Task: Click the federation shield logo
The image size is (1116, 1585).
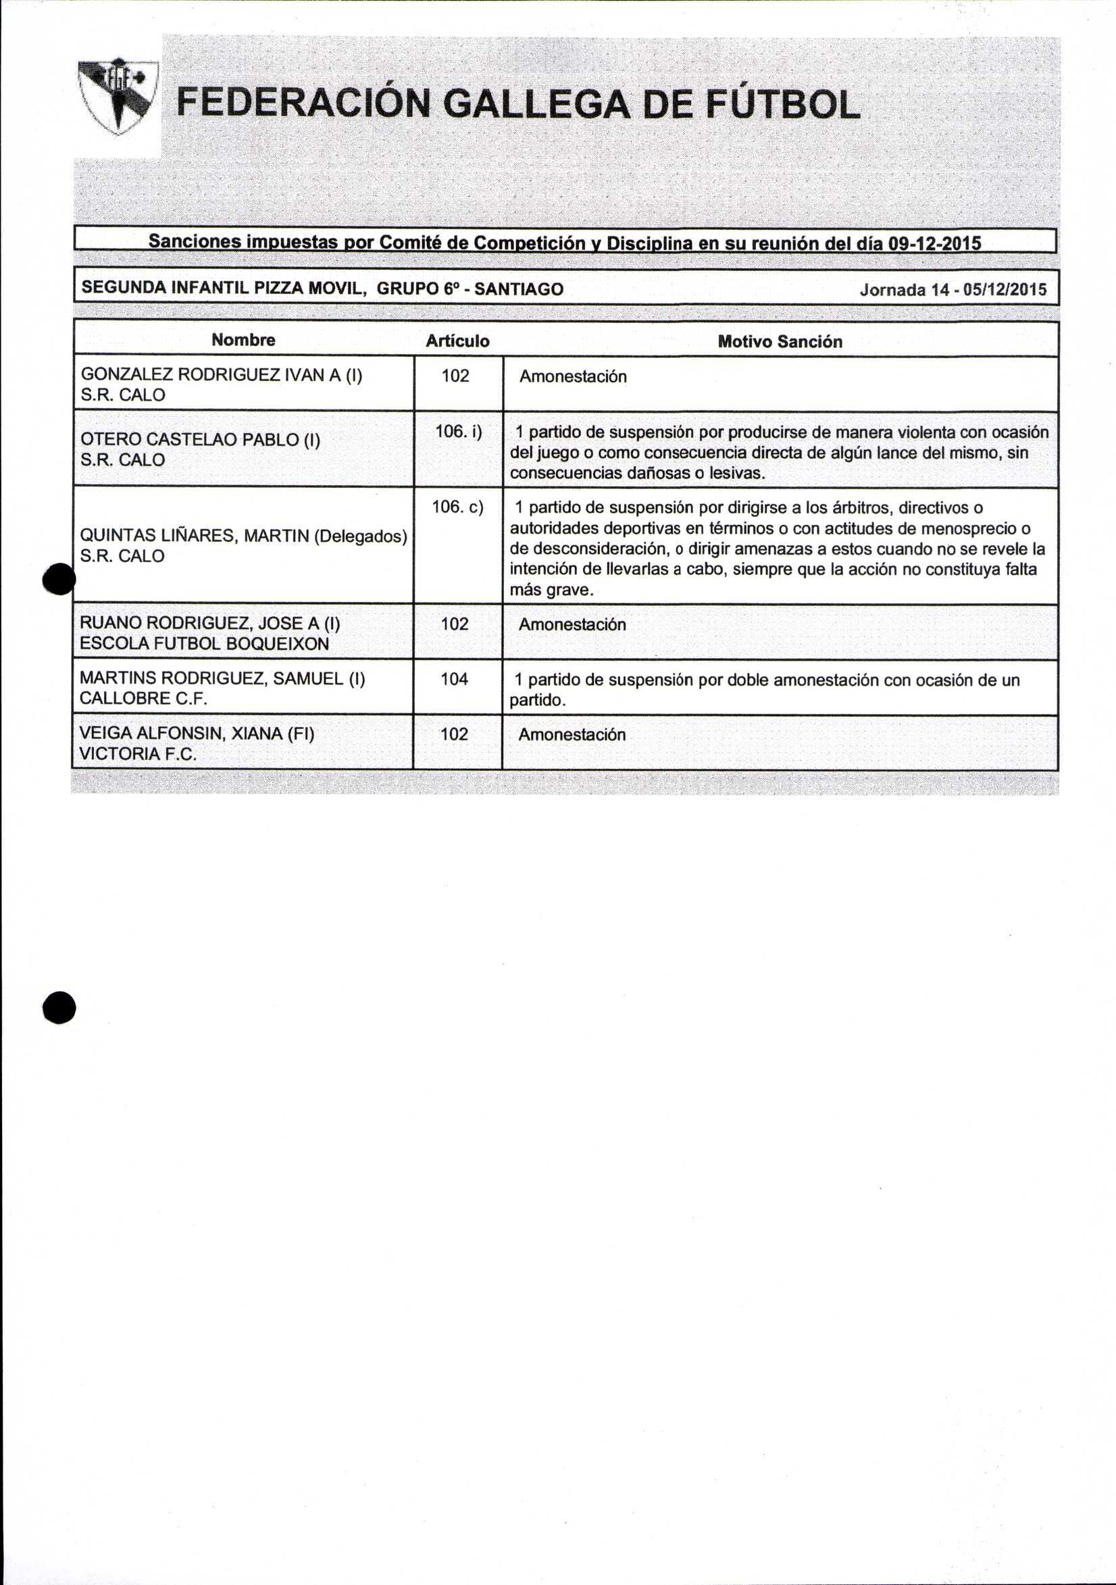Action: [x=118, y=96]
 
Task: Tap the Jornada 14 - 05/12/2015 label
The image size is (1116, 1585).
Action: [x=953, y=289]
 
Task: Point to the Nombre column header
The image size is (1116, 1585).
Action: [x=243, y=340]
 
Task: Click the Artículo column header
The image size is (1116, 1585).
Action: [x=457, y=341]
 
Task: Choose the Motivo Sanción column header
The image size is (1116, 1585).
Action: [x=780, y=342]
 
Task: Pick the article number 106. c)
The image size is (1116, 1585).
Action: [x=457, y=507]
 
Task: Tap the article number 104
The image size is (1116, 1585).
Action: [x=454, y=679]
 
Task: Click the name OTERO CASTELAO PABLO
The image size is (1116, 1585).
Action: [x=200, y=440]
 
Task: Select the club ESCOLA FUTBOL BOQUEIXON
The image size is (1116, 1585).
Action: [x=204, y=643]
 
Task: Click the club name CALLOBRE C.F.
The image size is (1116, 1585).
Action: [x=144, y=698]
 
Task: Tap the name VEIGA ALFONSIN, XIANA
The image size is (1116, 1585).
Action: [x=197, y=733]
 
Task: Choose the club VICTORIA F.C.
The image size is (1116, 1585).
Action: [x=138, y=754]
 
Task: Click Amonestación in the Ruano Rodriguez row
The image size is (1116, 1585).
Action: [x=572, y=625]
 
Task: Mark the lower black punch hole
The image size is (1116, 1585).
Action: [x=59, y=1009]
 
